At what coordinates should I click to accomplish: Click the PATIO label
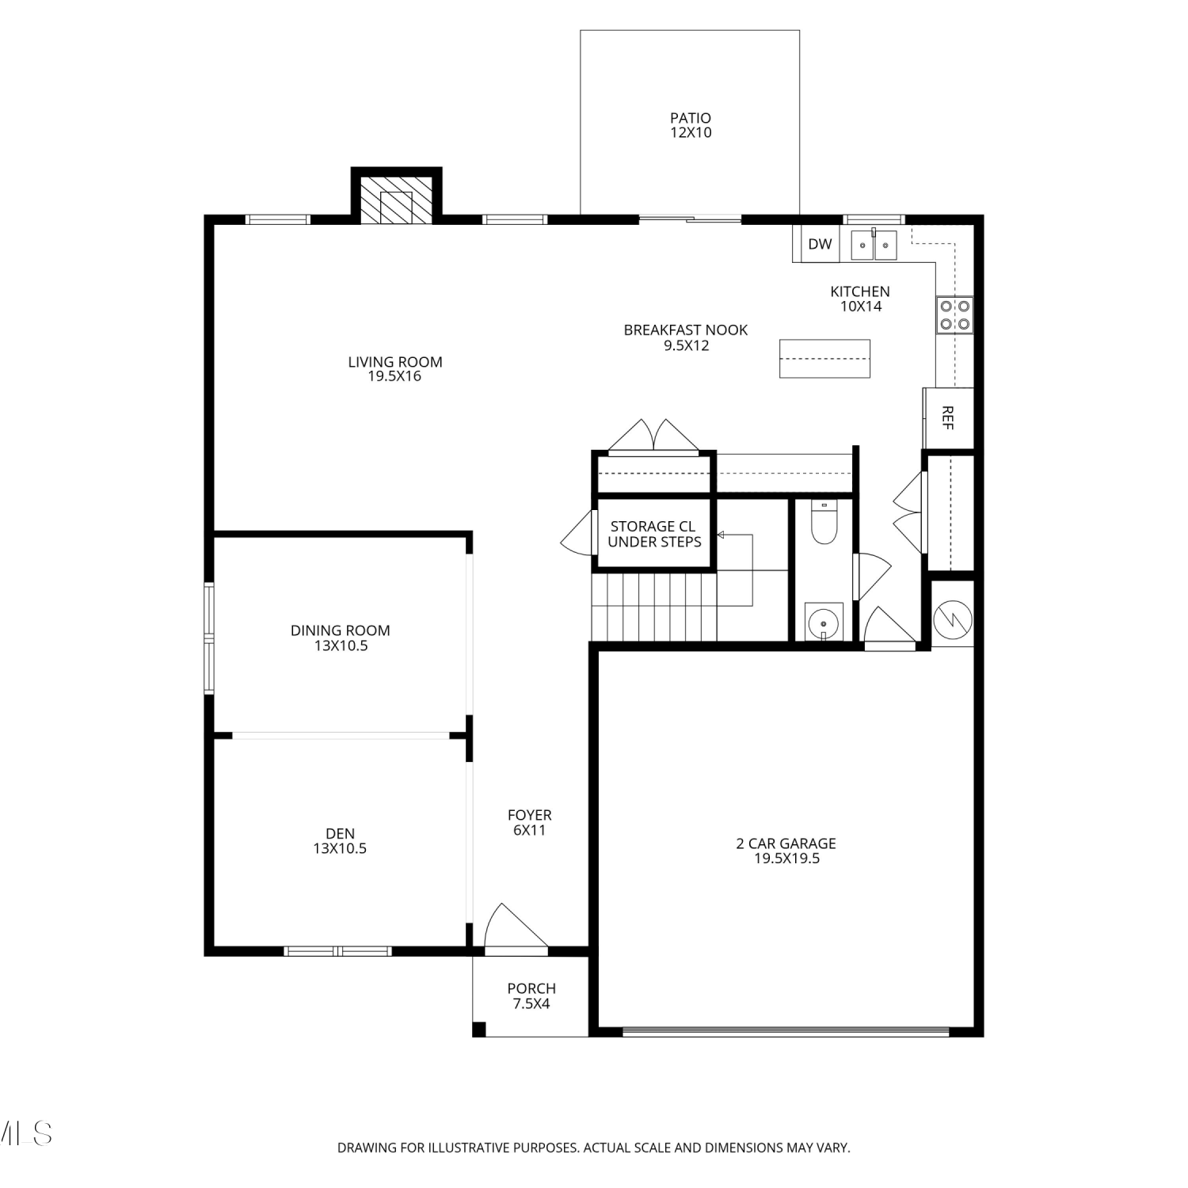click(691, 118)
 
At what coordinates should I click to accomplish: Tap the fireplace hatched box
click(397, 200)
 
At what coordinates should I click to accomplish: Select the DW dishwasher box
click(820, 244)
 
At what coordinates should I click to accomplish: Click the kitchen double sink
click(874, 245)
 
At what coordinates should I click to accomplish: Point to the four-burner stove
click(954, 314)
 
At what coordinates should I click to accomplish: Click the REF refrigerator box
click(948, 418)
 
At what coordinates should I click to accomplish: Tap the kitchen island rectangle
click(824, 359)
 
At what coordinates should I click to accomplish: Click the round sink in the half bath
click(824, 621)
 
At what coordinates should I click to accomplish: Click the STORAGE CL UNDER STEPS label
click(654, 534)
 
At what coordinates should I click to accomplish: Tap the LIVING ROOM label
click(395, 362)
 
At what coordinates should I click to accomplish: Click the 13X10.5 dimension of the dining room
click(341, 645)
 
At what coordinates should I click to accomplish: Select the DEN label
click(341, 833)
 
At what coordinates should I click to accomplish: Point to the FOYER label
click(530, 815)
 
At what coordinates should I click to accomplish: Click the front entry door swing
click(515, 927)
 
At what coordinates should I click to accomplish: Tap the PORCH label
click(531, 988)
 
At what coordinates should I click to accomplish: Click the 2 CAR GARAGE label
click(786, 843)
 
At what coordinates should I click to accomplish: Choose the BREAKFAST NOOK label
click(686, 330)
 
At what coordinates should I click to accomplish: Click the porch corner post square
click(478, 1030)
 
